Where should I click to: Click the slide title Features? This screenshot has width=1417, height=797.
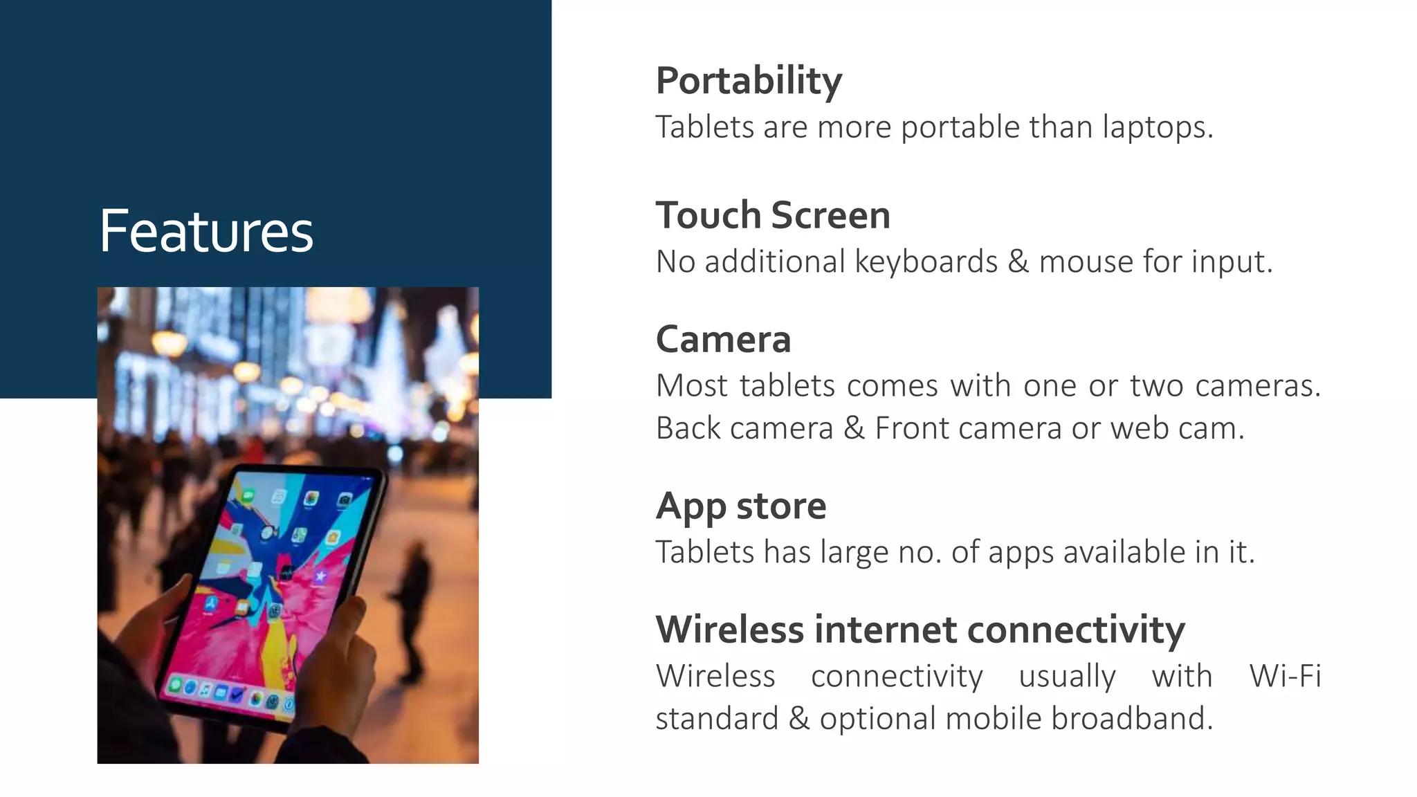[206, 231]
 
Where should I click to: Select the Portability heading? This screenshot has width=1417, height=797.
[749, 81]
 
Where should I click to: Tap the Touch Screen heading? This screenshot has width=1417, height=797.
[773, 215]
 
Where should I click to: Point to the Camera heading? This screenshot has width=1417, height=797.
[723, 340]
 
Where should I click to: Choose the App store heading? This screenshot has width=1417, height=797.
[740, 506]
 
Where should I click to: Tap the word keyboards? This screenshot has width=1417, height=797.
[926, 262]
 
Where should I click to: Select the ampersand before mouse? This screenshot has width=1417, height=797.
[1018, 262]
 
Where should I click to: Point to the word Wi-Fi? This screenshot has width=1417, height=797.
[1285, 676]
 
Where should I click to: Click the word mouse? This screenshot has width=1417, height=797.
[1086, 262]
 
